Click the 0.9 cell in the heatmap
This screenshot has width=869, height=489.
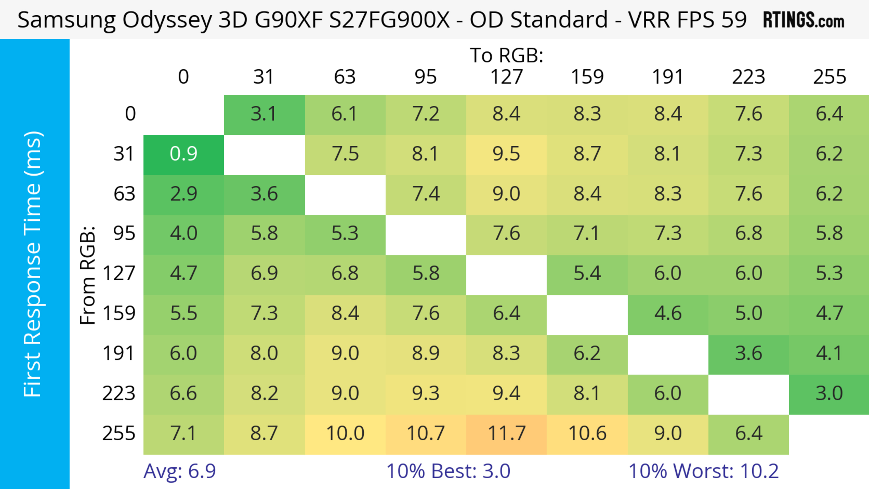click(x=184, y=154)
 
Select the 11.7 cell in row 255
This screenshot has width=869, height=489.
click(x=506, y=434)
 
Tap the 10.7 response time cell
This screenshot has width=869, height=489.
click(x=426, y=434)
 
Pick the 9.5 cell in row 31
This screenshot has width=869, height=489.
click(x=506, y=154)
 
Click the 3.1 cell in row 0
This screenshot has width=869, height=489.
click(x=264, y=114)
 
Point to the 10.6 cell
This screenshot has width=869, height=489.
click(x=587, y=434)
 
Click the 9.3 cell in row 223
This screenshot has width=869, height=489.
click(x=426, y=394)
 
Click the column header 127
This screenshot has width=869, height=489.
click(x=506, y=77)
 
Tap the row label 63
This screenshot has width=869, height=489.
click(x=124, y=194)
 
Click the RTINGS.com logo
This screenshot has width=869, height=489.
click(x=804, y=20)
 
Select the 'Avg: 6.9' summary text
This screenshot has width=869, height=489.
click(x=179, y=471)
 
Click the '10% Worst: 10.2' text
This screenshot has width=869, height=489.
click(x=703, y=471)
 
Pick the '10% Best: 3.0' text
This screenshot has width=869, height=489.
click(x=448, y=471)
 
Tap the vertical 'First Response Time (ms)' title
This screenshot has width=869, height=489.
click(x=33, y=264)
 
